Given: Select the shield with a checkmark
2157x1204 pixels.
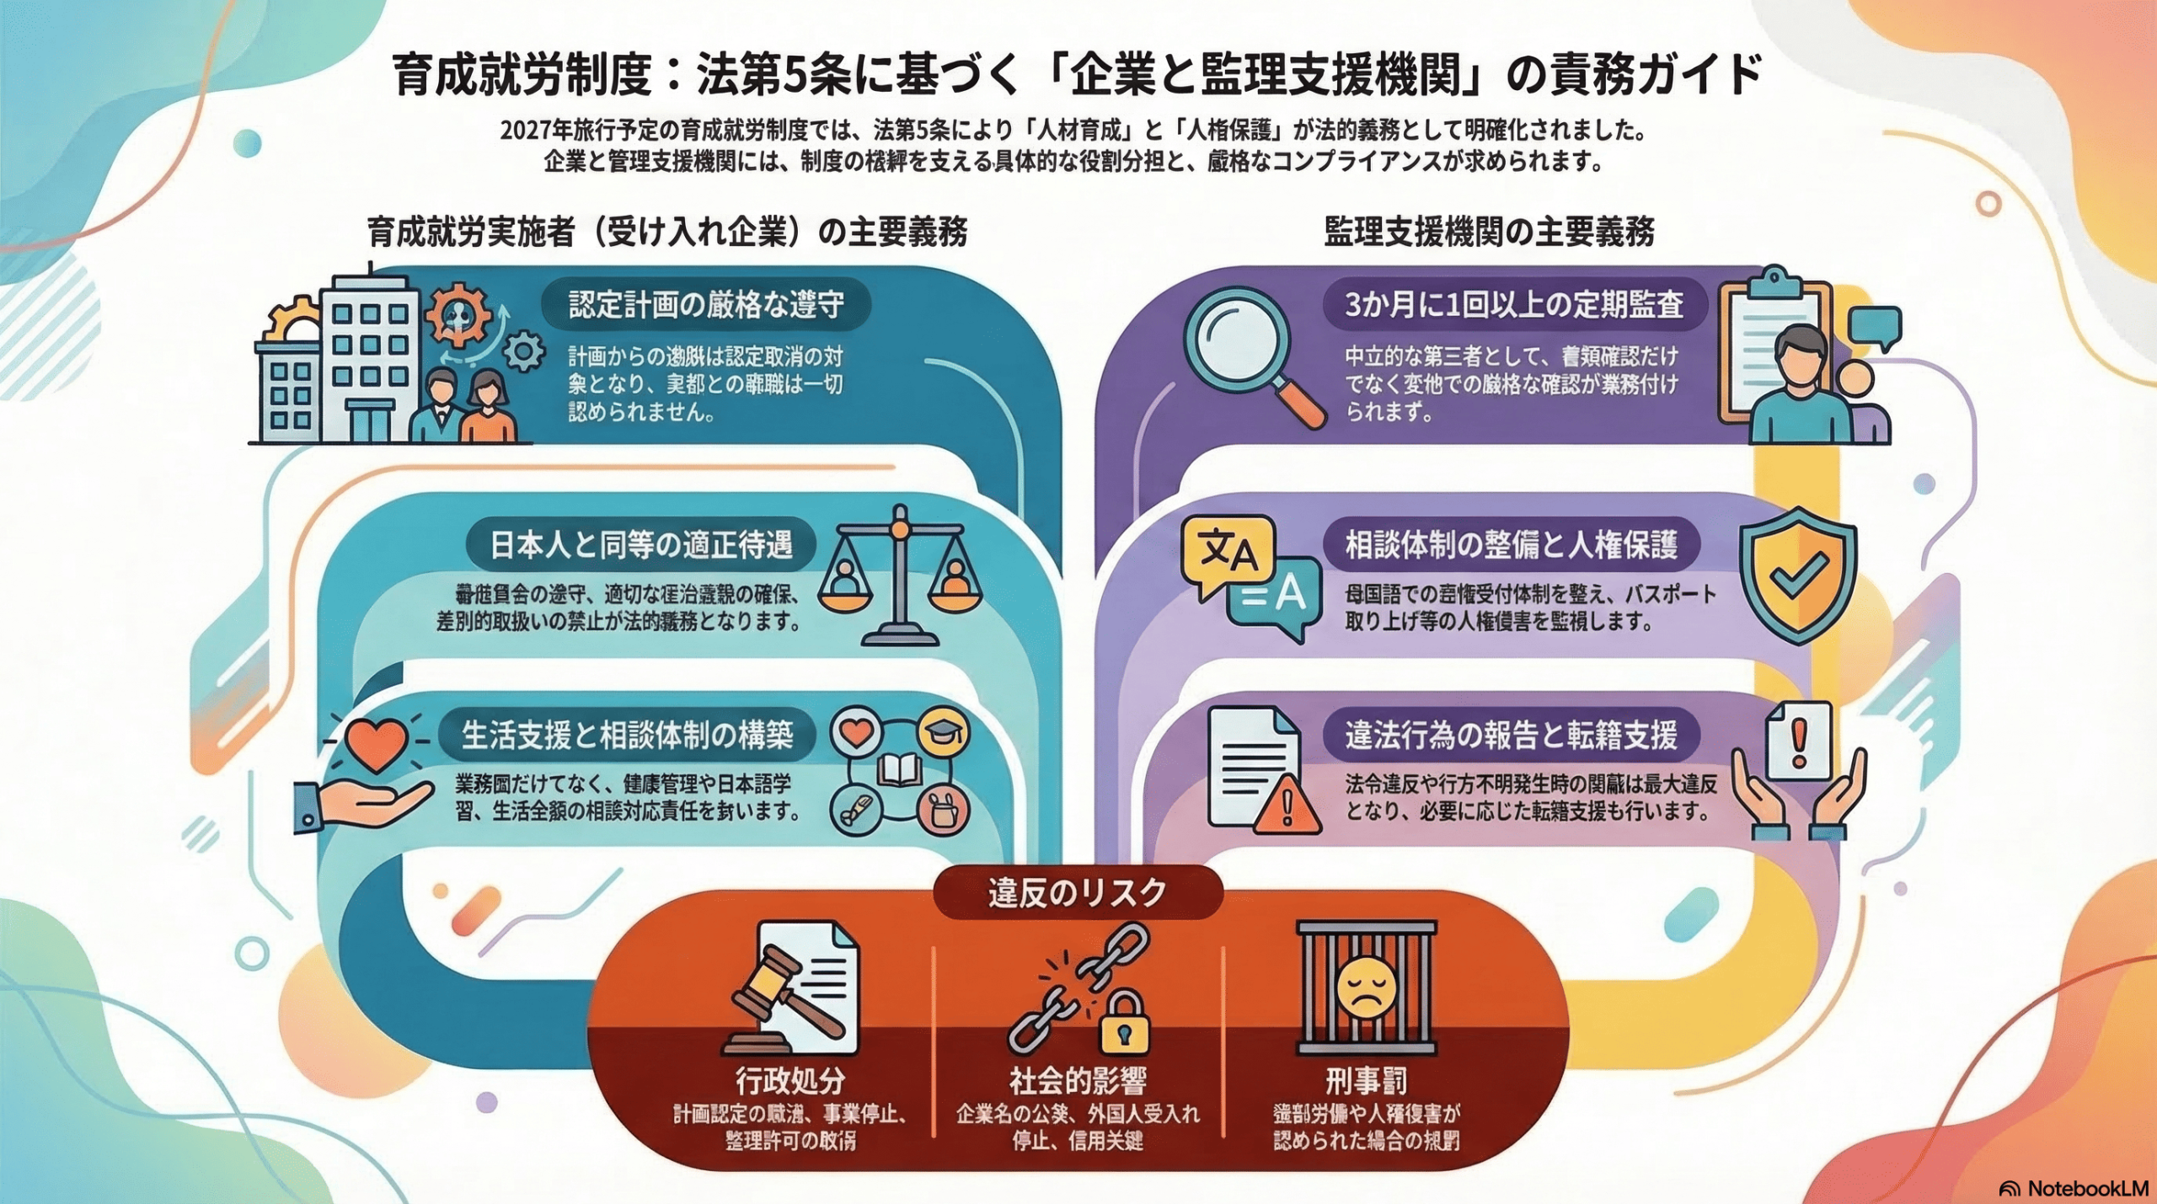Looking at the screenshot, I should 1797,574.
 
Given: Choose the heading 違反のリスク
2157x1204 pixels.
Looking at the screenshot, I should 1077,892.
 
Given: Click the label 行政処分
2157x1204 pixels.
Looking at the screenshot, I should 789,1080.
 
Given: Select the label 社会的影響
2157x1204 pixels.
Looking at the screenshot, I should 1078,1080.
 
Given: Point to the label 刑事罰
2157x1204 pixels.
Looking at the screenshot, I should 1366,1080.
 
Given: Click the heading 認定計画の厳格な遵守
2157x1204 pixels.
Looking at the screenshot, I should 706,304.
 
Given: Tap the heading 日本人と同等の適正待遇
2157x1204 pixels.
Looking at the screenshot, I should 640,545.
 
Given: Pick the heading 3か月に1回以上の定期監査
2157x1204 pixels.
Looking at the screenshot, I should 1513,304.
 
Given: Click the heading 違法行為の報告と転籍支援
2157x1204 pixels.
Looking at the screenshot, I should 1511,736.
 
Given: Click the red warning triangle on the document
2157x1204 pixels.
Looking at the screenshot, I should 1287,805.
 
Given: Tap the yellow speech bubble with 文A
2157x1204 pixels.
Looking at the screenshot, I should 1228,553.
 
